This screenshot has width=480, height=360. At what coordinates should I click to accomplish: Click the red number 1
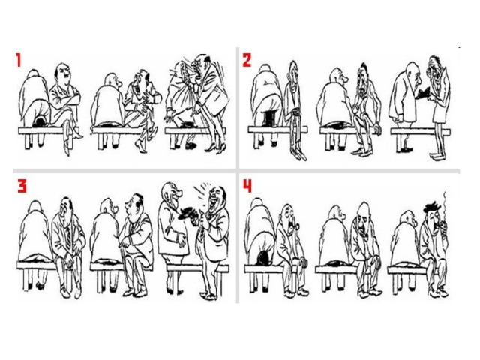(19, 60)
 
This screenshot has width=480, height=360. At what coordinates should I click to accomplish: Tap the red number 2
(247, 60)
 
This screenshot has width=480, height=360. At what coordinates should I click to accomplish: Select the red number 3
(22, 187)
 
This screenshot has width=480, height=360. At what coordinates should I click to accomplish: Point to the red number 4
(247, 186)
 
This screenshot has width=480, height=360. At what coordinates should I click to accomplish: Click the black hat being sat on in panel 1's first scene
(40, 121)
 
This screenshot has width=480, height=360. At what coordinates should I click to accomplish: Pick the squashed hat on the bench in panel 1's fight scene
(187, 124)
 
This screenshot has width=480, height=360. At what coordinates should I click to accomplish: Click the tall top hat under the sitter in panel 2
(269, 118)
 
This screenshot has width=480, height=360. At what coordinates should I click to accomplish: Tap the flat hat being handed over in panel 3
(187, 212)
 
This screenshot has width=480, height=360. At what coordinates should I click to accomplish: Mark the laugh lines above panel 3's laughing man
(202, 187)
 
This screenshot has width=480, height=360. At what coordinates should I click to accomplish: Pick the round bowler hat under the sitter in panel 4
(262, 258)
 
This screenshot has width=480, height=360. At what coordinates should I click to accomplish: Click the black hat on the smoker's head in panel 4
(431, 208)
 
